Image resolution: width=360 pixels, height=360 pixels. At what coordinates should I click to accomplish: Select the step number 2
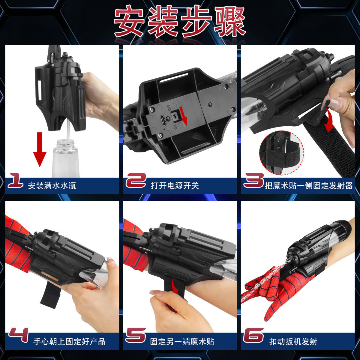click(136, 181)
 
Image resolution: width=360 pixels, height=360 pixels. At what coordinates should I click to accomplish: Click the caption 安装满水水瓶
click(52, 185)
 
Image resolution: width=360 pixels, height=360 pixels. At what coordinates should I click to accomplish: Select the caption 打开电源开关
click(175, 185)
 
